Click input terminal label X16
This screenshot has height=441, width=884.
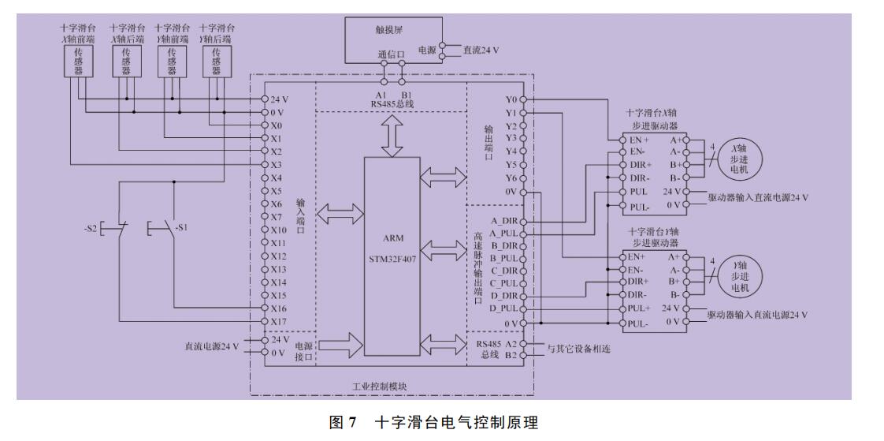[278, 308]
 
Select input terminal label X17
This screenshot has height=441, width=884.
[278, 320]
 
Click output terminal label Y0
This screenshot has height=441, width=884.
[511, 100]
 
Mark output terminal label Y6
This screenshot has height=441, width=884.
[511, 178]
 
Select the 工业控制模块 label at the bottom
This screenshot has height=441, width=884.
[392, 386]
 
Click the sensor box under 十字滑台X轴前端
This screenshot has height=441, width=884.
[77, 61]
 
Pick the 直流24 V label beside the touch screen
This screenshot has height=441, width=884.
[482, 49]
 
